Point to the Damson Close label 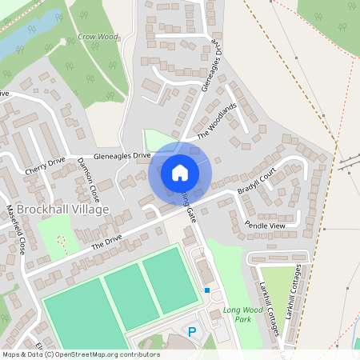pyautogui.click(x=88, y=178)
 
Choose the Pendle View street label pyautogui.click(x=265, y=226)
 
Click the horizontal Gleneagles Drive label pyautogui.click(x=122, y=155)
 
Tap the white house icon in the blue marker pyautogui.click(x=180, y=172)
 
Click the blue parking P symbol pyautogui.click(x=191, y=330)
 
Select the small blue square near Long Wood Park pyautogui.click(x=207, y=290)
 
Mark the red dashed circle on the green pyautogui.click(x=62, y=240)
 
